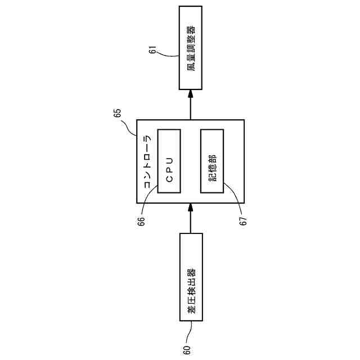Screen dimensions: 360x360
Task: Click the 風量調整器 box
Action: [191, 48]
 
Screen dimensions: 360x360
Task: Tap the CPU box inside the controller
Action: [169, 161]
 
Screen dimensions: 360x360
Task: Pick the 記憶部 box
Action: [211, 161]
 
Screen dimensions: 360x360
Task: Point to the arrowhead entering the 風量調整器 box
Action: [191, 94]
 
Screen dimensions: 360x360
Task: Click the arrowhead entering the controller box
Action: [191, 208]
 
